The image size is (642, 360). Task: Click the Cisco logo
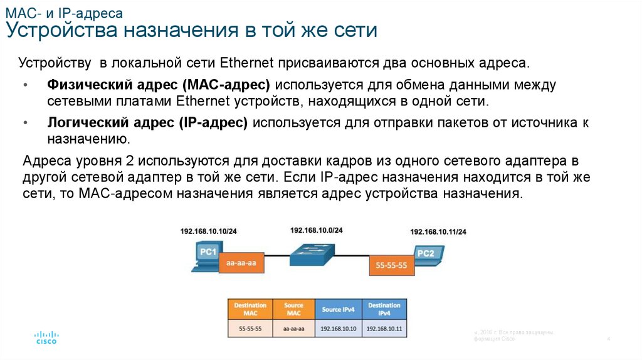46,337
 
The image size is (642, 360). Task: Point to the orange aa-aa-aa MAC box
241,264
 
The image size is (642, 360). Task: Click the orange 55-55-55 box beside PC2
391,265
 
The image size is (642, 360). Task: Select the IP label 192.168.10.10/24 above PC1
208,231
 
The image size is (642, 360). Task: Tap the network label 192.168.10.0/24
317,230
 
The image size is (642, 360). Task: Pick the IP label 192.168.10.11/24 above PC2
438,232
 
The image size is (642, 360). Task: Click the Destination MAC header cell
250,309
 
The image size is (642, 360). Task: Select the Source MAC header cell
293,309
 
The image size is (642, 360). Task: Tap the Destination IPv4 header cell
384,309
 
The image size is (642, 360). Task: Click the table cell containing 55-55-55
250,328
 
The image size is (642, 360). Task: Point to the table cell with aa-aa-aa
293,328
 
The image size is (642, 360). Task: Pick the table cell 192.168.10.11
384,328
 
